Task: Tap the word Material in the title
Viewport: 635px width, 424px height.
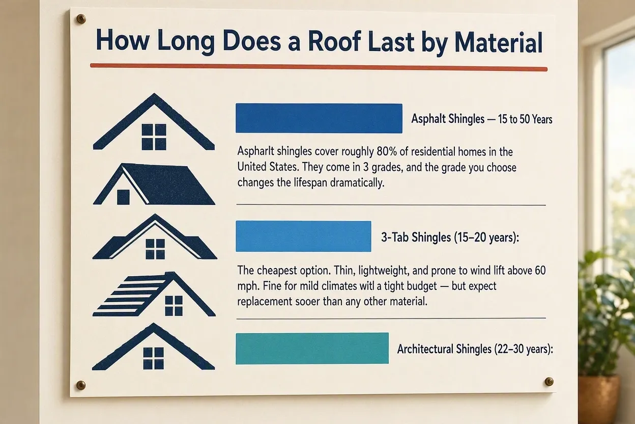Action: [x=499, y=43]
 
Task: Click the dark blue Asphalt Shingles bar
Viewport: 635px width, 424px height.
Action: [x=319, y=118]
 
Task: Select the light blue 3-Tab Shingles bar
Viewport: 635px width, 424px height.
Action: [x=303, y=236]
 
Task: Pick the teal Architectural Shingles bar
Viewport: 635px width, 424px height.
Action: [x=312, y=348]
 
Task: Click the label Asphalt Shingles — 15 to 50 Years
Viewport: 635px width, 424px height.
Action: [x=482, y=119]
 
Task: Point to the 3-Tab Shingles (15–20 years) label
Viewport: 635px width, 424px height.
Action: [x=450, y=237]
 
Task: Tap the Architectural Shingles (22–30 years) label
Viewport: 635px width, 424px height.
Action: [x=475, y=349]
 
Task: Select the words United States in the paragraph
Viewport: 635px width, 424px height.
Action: [x=268, y=167]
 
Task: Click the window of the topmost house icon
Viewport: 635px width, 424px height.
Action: [x=154, y=137]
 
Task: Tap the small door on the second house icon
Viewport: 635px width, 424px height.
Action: [x=123, y=197]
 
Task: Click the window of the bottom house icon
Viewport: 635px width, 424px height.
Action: [x=154, y=358]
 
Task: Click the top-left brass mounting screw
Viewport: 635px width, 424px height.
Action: [x=81, y=19]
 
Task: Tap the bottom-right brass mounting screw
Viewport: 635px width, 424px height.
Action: [x=549, y=381]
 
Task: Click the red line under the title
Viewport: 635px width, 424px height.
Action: [x=319, y=67]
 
